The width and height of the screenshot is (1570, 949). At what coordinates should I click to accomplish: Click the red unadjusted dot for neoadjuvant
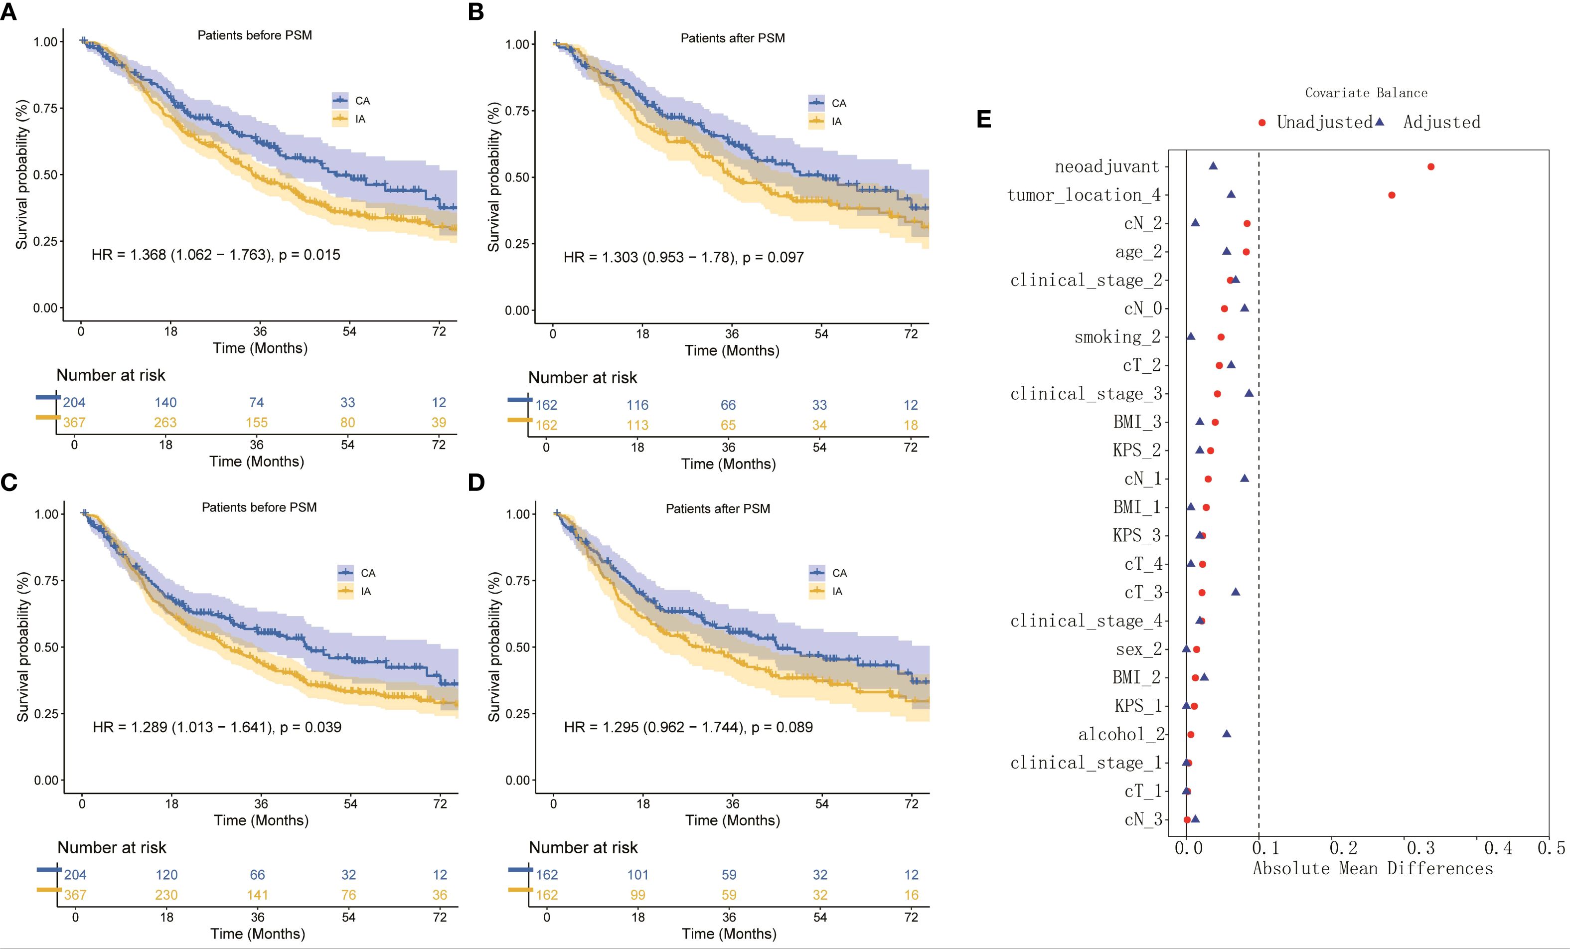(1430, 167)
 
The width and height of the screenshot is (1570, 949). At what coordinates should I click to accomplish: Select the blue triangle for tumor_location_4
(1231, 194)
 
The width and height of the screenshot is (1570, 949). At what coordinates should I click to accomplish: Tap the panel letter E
(984, 120)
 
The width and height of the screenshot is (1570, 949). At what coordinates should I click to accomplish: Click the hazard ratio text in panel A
(215, 255)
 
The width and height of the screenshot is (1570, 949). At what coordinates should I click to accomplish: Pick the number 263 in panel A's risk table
(165, 423)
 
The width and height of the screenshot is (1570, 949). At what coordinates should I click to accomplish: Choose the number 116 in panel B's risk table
(637, 405)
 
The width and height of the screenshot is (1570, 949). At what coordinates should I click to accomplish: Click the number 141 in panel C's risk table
(257, 895)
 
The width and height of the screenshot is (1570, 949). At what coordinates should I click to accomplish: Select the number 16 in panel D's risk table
(911, 895)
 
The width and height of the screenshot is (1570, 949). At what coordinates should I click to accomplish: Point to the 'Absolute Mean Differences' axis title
(1373, 869)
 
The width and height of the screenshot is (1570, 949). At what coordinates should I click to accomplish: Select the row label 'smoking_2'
(1117, 337)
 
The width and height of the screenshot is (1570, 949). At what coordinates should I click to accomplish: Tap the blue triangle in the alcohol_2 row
(1227, 734)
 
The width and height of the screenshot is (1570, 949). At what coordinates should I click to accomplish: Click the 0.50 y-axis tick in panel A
(45, 174)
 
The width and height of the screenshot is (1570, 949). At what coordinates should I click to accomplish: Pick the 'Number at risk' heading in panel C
(112, 848)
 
